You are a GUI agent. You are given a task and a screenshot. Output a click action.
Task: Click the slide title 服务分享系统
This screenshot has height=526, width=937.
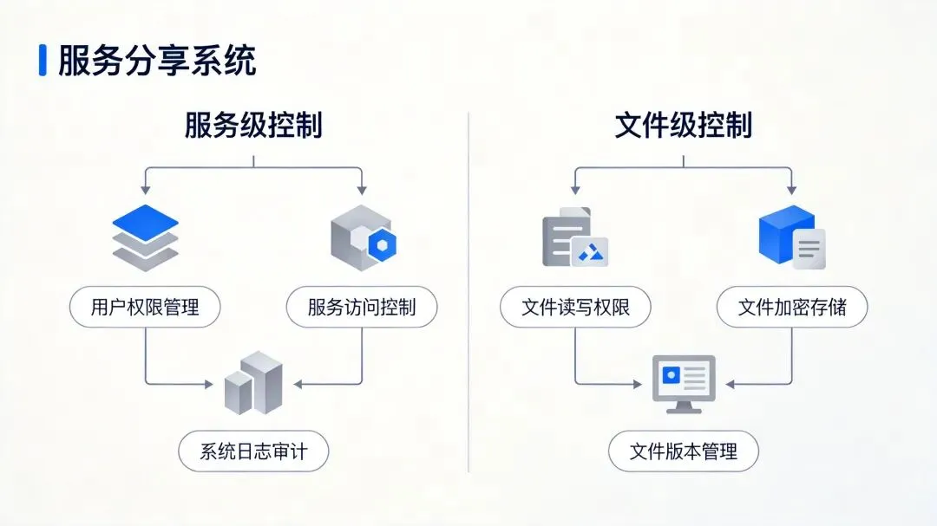(x=157, y=61)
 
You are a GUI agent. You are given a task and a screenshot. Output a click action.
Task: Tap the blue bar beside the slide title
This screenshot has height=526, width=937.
(x=43, y=61)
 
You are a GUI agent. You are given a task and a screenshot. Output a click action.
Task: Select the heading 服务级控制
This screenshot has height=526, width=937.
(x=253, y=126)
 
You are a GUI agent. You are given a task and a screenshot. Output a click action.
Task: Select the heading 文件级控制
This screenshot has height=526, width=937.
(x=683, y=126)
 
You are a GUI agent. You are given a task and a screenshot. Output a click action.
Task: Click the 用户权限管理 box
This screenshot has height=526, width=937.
(x=145, y=307)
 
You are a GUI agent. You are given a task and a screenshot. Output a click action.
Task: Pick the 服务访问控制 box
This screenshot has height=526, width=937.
(x=361, y=307)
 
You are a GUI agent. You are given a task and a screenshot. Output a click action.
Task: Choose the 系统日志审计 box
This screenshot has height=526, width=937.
(x=253, y=451)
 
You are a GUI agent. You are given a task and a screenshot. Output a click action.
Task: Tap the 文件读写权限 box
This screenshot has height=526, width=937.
(x=575, y=307)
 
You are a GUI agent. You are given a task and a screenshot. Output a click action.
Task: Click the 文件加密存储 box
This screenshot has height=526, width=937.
(x=791, y=307)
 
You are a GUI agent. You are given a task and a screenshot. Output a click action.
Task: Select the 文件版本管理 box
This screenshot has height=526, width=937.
(x=683, y=451)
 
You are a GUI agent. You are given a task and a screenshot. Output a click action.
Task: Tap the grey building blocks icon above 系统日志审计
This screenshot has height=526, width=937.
(x=253, y=382)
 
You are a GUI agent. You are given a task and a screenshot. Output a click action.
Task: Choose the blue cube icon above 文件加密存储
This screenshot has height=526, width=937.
(x=790, y=236)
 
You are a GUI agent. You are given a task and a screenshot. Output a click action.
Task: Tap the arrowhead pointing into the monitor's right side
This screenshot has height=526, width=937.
(x=730, y=383)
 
